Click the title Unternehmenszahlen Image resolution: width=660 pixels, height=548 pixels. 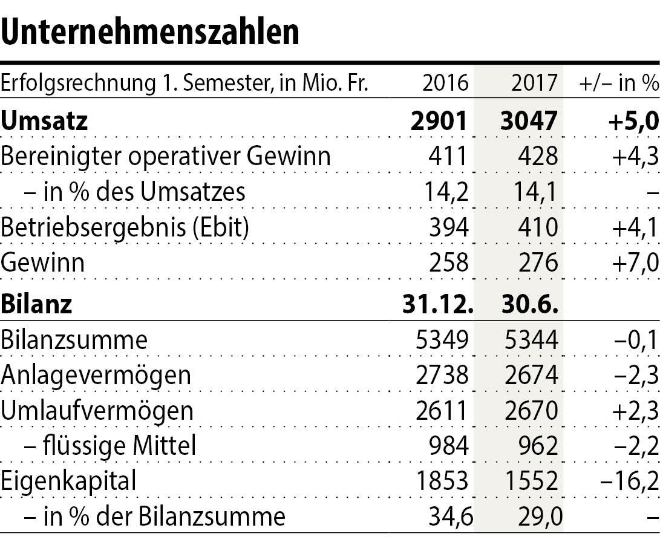[x=150, y=32]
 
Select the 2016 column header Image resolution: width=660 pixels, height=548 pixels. [x=445, y=83]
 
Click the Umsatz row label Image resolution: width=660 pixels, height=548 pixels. [x=45, y=120]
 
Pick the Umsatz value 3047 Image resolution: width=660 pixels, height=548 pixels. [x=529, y=120]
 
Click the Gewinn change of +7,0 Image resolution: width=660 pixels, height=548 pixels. [x=633, y=263]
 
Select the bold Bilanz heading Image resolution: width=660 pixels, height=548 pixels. [x=36, y=303]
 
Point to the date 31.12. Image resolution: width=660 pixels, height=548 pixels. [x=437, y=303]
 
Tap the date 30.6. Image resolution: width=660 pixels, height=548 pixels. [x=528, y=303]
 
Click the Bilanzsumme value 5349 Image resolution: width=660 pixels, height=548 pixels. [x=443, y=340]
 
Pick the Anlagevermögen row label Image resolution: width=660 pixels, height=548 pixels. [x=96, y=376]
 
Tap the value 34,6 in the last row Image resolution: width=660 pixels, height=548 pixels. [x=448, y=518]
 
